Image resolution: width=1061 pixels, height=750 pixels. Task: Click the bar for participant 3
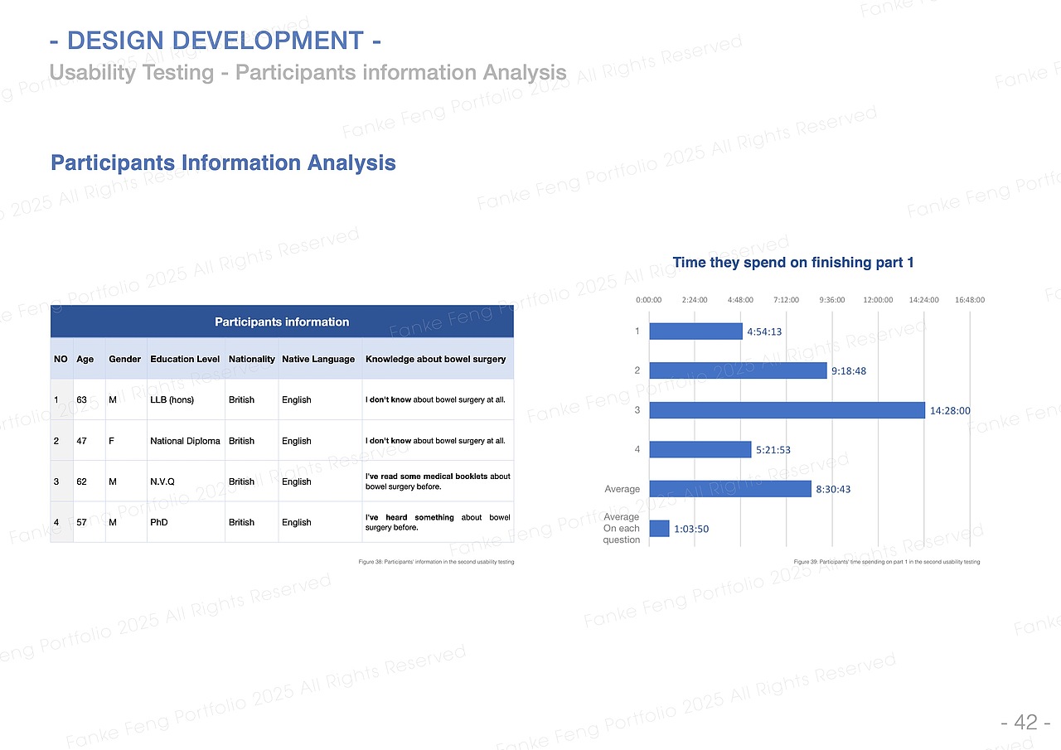pos(787,410)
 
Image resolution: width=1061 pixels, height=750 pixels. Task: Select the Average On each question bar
pos(659,529)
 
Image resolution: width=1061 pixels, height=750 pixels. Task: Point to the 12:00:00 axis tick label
pos(878,300)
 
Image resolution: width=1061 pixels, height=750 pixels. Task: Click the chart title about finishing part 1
pos(792,263)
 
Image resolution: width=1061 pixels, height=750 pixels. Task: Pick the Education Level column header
pos(185,359)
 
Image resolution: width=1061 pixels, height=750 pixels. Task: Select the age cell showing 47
pos(81,441)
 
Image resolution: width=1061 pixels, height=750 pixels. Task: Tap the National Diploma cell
pos(185,441)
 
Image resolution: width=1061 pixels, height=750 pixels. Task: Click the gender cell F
pos(111,441)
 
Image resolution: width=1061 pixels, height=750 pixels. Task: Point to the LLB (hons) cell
pos(172,400)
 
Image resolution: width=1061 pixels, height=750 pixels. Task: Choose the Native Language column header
pos(318,359)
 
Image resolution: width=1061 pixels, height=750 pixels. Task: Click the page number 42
pos(1025,723)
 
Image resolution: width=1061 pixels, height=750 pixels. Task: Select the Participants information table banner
pos(282,322)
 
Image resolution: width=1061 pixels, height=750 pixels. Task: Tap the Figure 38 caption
pos(436,562)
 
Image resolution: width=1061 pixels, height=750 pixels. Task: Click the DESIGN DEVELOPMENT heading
pos(216,40)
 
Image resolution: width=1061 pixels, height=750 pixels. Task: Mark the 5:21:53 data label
pos(773,450)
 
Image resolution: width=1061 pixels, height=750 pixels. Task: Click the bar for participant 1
pos(695,331)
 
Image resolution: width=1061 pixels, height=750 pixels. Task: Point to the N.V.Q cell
pos(162,481)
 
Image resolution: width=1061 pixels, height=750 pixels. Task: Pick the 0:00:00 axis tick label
pos(648,300)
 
